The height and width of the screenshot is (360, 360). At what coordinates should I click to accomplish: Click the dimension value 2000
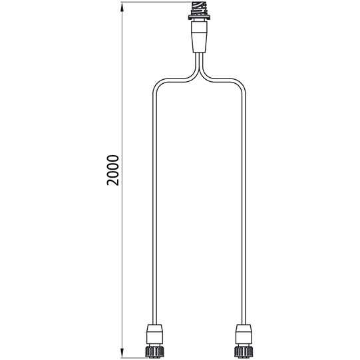(113, 170)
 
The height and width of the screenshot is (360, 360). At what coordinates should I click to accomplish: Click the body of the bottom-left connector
(154, 332)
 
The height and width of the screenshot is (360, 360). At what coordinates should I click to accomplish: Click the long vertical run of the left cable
(154, 200)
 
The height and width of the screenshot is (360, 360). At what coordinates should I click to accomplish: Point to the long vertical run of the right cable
(246, 200)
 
